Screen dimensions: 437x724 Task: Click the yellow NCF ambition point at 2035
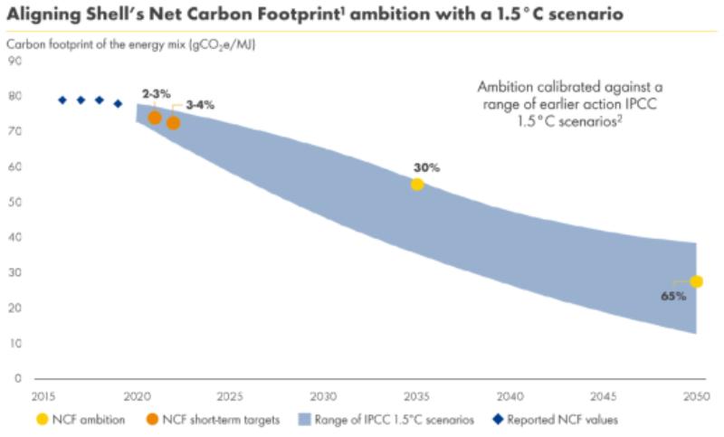417,185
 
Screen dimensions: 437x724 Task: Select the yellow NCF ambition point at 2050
696,281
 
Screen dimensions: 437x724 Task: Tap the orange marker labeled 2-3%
155,118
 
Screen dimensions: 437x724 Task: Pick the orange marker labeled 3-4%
174,123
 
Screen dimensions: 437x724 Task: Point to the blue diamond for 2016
62,100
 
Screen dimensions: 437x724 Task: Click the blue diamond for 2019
118,103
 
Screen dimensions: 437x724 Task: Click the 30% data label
426,168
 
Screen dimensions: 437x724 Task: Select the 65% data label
672,296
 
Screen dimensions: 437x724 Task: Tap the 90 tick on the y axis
15,62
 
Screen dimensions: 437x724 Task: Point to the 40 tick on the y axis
15,238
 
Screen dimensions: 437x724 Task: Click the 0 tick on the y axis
18,379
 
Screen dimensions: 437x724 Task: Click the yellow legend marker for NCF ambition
42,419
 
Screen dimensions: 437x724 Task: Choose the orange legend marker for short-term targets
153,419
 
